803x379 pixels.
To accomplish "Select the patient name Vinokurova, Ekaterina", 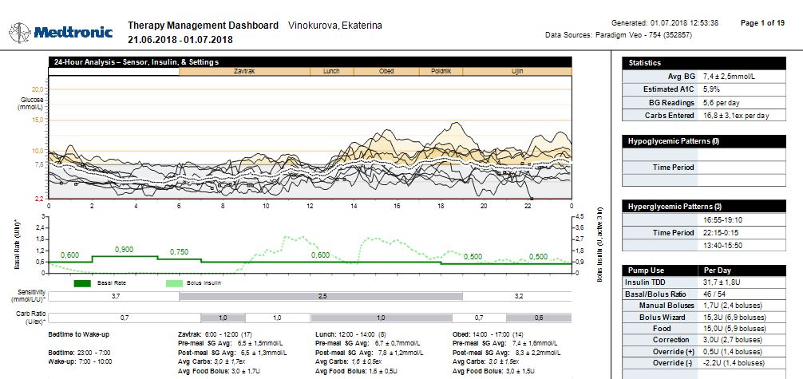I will [334, 26].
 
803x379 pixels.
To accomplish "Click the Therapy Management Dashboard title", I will [204, 26].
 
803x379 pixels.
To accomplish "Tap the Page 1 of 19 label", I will [762, 23].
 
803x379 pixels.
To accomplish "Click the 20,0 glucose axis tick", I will [37, 89].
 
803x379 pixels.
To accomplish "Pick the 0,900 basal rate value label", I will [124, 250].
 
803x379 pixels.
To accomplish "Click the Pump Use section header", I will [647, 270].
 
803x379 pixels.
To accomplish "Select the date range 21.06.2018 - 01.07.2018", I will [180, 40].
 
